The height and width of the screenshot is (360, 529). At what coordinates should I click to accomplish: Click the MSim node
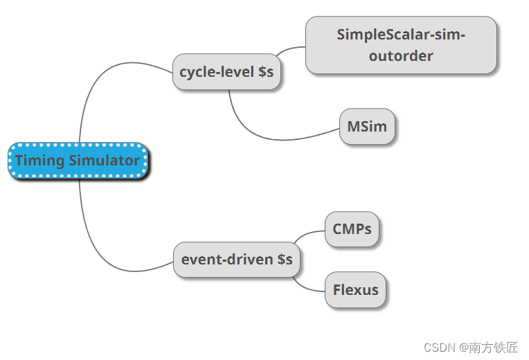click(x=367, y=127)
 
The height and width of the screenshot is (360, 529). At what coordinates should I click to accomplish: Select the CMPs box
click(x=352, y=229)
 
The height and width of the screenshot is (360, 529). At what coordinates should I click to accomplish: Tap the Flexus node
click(x=355, y=289)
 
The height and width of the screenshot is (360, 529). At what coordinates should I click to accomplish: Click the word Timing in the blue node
click(x=39, y=161)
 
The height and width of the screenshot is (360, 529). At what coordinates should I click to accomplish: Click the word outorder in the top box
click(x=401, y=56)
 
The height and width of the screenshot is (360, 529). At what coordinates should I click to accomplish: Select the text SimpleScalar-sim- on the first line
click(x=401, y=35)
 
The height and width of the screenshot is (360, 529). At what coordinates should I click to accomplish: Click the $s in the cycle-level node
click(x=266, y=71)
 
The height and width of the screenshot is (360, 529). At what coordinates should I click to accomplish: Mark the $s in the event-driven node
click(x=285, y=260)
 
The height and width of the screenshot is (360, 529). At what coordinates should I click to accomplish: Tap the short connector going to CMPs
click(x=308, y=233)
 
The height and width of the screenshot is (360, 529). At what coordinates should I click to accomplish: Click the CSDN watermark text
click(x=438, y=347)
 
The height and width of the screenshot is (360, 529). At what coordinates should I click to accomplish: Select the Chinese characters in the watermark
click(x=493, y=347)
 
